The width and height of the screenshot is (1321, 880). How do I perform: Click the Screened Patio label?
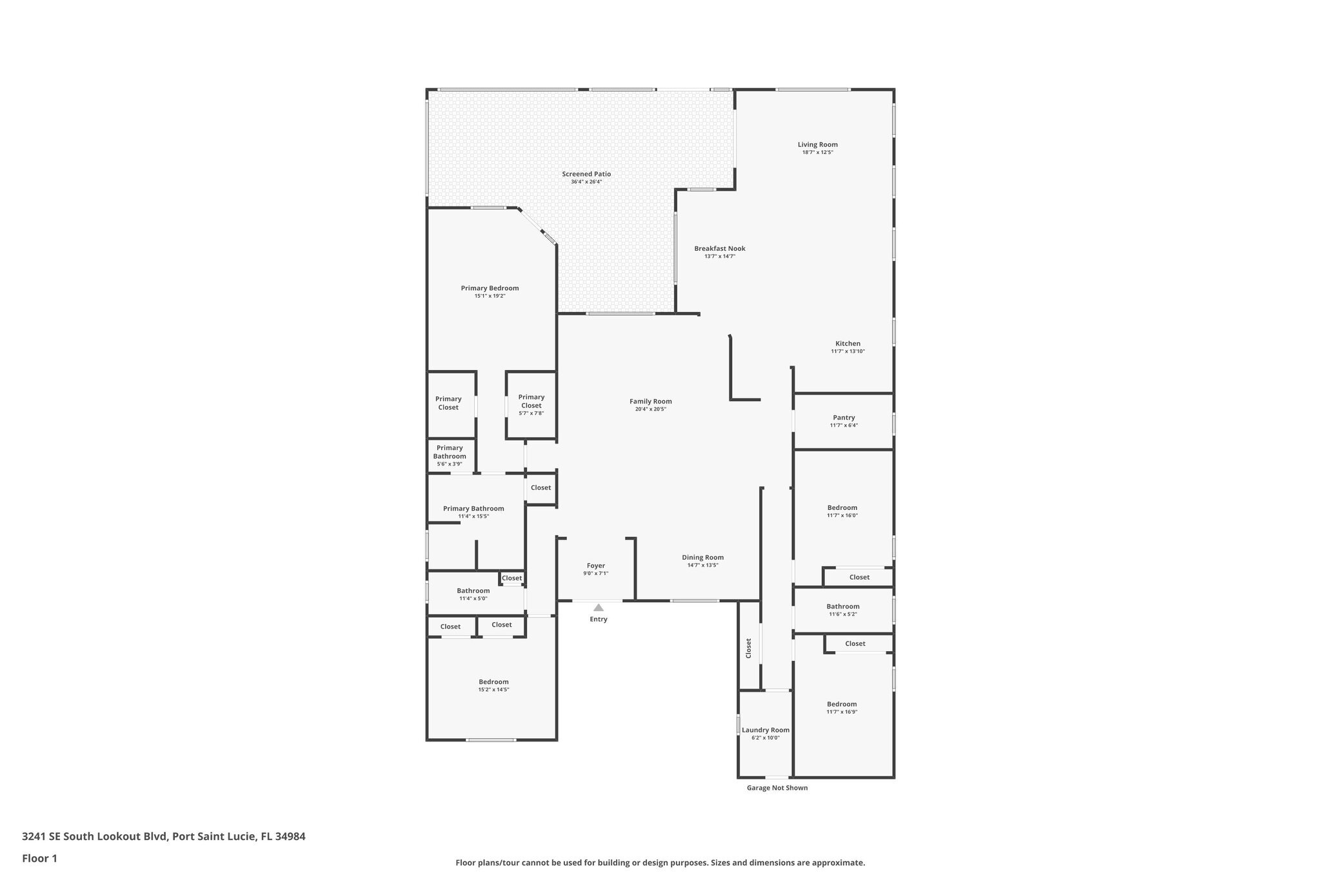tap(586, 174)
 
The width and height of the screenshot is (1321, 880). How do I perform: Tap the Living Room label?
tap(817, 145)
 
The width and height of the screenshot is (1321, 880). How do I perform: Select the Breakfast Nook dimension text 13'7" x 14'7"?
tap(719, 257)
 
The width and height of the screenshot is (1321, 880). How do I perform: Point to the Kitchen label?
tap(848, 344)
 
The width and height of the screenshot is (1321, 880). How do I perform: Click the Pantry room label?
tap(843, 418)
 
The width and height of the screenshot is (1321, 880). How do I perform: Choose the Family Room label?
tap(650, 402)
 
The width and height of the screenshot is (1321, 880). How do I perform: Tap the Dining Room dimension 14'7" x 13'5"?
tap(702, 565)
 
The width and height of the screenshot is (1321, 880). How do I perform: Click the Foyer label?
tap(595, 566)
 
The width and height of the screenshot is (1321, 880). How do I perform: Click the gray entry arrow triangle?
tap(598, 607)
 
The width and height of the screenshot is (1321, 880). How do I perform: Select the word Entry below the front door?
tap(598, 620)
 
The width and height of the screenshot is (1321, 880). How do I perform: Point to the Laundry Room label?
tap(765, 730)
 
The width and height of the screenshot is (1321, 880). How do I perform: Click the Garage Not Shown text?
tap(777, 788)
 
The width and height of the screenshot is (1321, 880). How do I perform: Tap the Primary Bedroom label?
tap(490, 288)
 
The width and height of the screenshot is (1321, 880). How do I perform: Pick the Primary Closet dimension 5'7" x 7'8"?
tap(531, 413)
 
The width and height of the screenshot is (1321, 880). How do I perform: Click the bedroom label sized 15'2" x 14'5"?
tap(493, 682)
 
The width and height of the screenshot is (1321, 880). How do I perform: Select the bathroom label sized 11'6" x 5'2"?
tap(842, 607)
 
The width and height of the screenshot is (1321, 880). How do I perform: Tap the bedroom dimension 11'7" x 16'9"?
tap(842, 712)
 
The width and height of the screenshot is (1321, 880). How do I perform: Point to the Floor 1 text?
tap(39, 859)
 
